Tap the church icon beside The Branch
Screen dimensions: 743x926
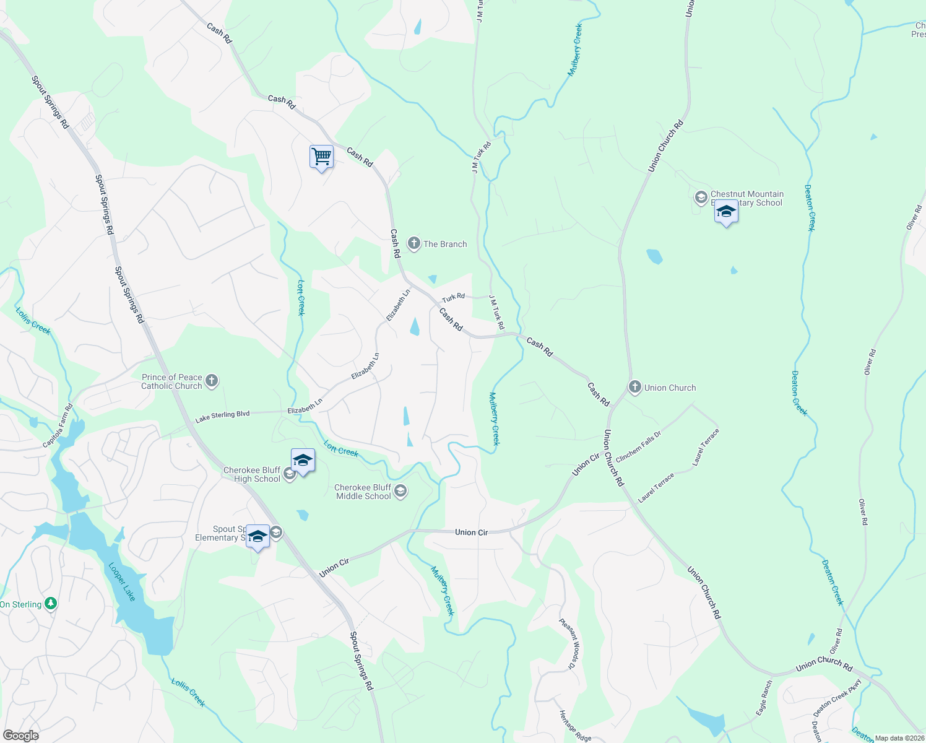click(x=413, y=244)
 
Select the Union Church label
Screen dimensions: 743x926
click(x=670, y=388)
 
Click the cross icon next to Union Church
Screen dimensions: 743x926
click(x=634, y=388)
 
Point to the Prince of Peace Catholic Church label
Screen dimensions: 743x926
click(x=171, y=381)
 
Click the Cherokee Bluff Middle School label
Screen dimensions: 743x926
click(x=363, y=492)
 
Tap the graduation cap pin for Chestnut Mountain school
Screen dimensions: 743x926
click(x=725, y=212)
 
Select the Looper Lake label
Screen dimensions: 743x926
click(x=122, y=581)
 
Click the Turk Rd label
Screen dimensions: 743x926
click(x=453, y=298)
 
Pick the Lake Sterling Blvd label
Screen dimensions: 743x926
click(x=222, y=417)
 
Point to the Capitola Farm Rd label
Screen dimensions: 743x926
click(x=58, y=426)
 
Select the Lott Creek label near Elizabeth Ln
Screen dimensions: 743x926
click(x=301, y=297)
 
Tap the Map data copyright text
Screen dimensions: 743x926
click(x=899, y=738)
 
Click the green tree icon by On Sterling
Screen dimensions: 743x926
click(x=51, y=604)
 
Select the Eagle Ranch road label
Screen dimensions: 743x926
click(x=764, y=698)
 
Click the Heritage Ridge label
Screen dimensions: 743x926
click(x=576, y=726)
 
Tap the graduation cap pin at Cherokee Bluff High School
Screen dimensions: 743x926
click(x=303, y=460)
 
